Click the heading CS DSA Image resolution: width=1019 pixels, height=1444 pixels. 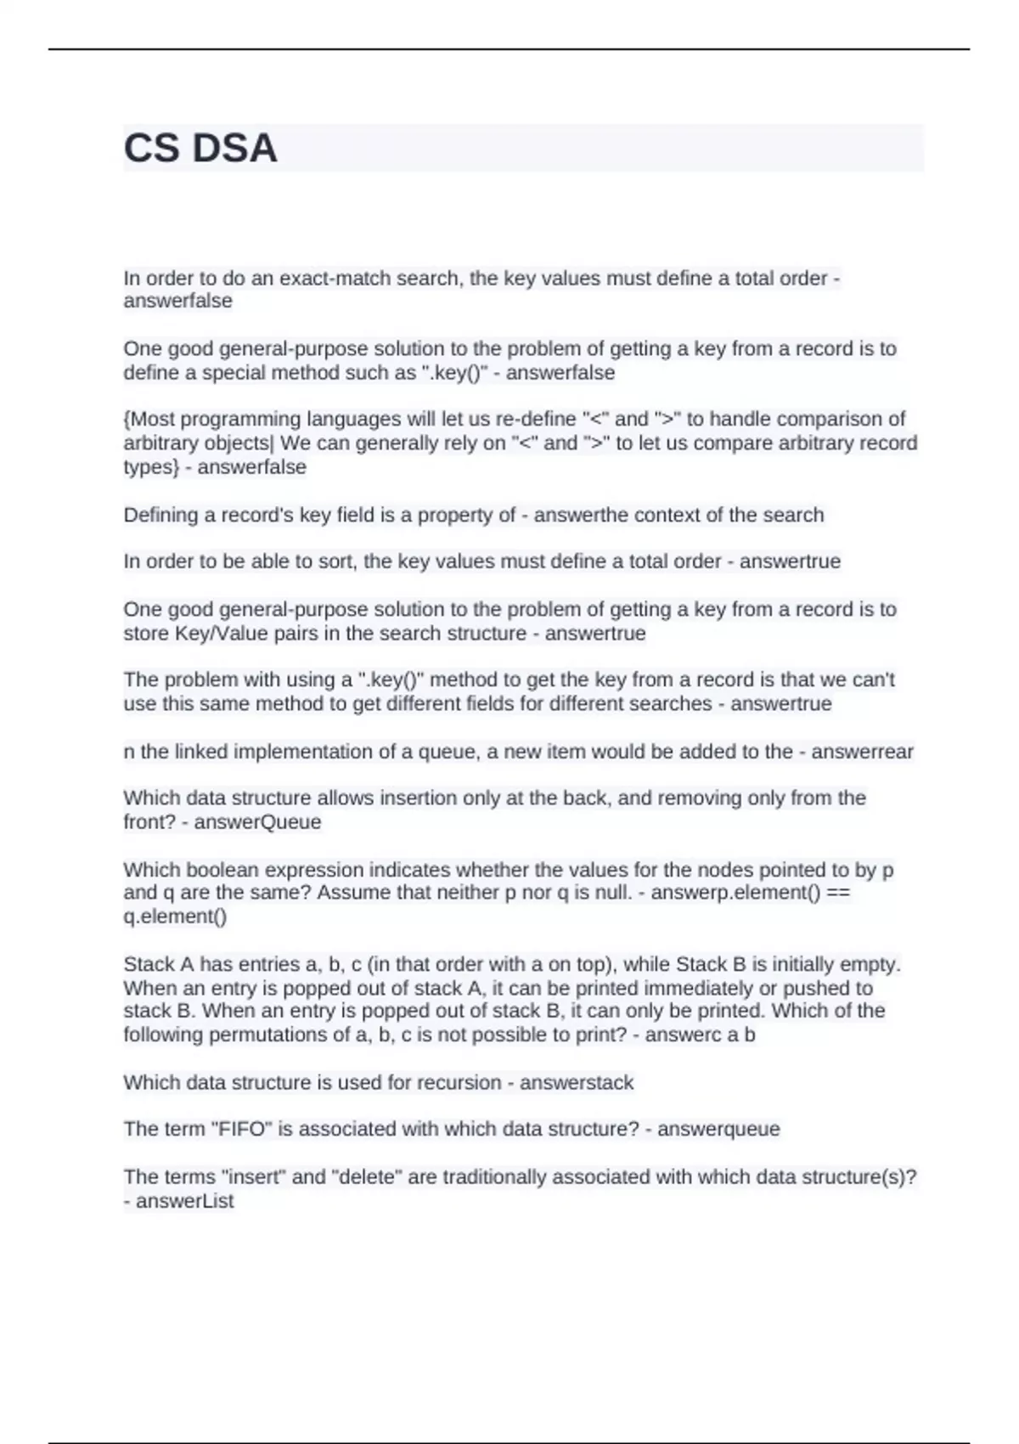200,149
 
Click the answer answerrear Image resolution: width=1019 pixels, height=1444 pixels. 862,752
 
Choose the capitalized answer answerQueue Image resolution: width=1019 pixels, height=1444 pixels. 257,822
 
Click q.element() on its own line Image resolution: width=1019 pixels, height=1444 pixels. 175,917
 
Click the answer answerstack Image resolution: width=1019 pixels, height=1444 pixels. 577,1083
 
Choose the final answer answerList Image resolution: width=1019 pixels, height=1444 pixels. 184,1201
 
